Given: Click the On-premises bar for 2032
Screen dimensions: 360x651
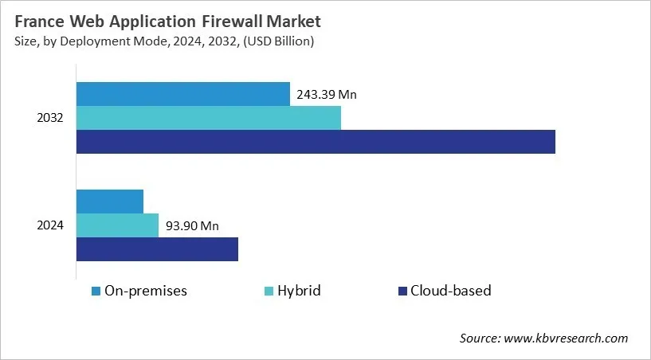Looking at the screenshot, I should click(182, 94).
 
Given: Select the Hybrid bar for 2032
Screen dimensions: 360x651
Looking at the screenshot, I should click(208, 118).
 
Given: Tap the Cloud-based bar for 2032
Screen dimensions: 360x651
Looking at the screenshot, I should click(316, 142).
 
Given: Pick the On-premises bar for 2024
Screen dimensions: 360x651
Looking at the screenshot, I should click(110, 202).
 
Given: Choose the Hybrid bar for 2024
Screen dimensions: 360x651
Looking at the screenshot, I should click(117, 225).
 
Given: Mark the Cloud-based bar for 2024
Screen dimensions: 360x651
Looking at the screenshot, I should click(157, 249).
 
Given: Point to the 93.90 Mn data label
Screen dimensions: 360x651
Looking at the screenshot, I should click(191, 226).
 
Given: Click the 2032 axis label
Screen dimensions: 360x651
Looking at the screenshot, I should click(51, 119).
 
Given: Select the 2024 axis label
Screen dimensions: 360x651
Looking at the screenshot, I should click(51, 226).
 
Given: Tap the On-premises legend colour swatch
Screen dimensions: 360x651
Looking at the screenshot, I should click(96, 291).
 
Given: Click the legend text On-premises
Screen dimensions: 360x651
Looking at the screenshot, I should click(146, 291).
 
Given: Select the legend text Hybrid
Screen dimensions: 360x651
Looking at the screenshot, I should click(299, 291).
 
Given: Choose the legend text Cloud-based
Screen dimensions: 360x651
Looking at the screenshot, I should click(451, 291).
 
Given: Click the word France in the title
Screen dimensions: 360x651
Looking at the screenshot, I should click(40, 20).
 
